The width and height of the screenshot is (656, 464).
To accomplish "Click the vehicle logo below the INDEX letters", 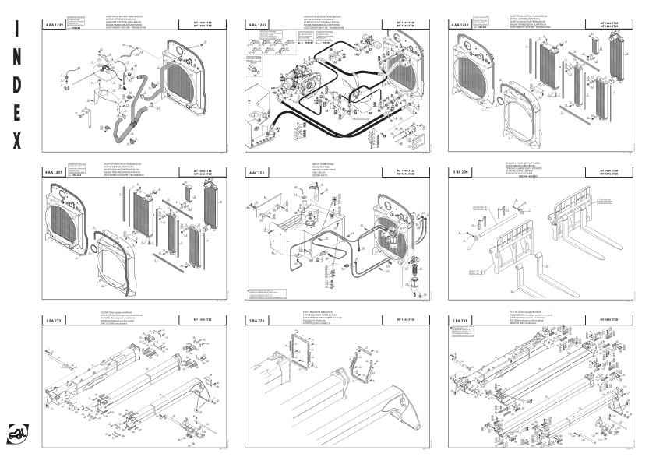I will [17, 431].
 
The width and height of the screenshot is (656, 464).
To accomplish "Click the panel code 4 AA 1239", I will [57, 25].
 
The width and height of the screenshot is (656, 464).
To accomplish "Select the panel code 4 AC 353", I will [258, 170].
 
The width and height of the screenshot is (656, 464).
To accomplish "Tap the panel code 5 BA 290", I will [461, 170].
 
